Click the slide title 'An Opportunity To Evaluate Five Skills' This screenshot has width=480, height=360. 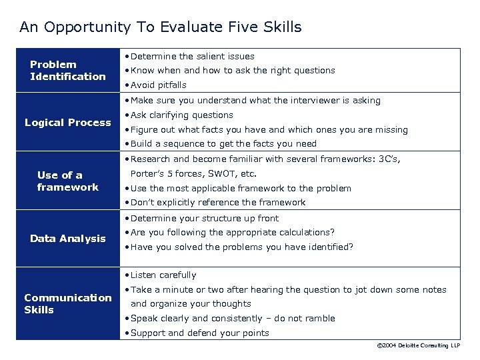coord(161,27)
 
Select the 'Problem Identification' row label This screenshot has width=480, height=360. coord(67,71)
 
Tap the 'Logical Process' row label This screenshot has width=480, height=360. coord(68,123)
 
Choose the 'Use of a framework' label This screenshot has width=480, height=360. coord(67,181)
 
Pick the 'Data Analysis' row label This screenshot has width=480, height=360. coord(67,239)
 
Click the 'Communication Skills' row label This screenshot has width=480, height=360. coord(67,304)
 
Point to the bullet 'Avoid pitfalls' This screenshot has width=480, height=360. coord(159,85)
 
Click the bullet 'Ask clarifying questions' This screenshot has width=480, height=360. coord(182,115)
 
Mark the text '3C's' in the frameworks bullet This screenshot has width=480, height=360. coord(391,159)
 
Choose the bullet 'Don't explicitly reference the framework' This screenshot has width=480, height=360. coord(218,203)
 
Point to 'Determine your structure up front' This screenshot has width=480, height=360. coord(205,219)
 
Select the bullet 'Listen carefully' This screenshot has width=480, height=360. coord(163,275)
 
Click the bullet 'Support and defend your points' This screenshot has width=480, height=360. coord(200,333)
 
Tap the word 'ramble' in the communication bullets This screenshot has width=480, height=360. coord(319,319)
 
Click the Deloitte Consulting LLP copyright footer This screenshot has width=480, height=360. coord(419,346)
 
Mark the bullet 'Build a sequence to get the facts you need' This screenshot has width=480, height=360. coord(223,144)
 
